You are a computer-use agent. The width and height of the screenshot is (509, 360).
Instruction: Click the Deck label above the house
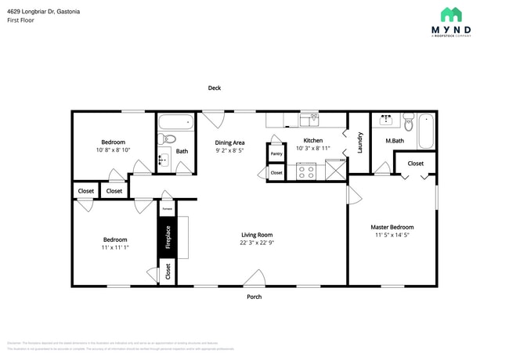[214, 88]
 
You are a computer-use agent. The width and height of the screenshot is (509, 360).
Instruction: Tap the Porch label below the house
[254, 297]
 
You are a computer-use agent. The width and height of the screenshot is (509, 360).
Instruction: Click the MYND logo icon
[450, 15]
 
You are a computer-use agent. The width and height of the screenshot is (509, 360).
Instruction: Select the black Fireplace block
[167, 237]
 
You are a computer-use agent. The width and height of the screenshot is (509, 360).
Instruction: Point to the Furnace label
[167, 210]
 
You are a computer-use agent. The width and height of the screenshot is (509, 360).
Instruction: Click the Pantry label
[276, 154]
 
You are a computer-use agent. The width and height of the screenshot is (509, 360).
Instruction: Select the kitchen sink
[311, 120]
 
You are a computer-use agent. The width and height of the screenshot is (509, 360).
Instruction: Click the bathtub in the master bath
[425, 131]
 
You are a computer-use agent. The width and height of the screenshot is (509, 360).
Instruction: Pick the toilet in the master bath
[408, 121]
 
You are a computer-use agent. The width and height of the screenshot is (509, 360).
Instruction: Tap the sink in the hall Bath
[163, 160]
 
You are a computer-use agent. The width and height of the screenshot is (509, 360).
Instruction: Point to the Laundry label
[360, 142]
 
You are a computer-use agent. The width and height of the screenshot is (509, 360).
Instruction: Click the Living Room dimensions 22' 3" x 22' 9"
[256, 243]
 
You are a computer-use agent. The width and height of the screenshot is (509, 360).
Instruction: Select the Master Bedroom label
[392, 227]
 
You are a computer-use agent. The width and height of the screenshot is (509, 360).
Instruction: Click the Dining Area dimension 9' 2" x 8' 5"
[230, 150]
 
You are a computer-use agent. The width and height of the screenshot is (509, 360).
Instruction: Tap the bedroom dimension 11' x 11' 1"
[114, 247]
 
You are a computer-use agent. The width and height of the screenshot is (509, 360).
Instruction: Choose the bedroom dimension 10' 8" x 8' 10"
[114, 149]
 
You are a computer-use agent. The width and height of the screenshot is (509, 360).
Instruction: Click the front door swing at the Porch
[254, 277]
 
